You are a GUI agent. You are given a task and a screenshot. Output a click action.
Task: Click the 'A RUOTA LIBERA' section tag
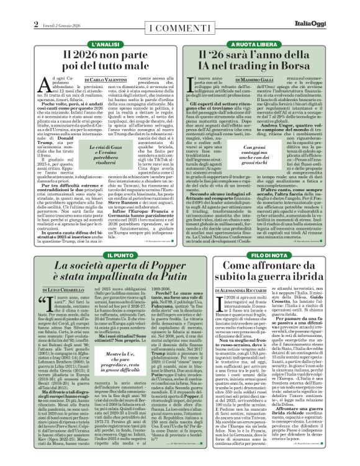(270, 45)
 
